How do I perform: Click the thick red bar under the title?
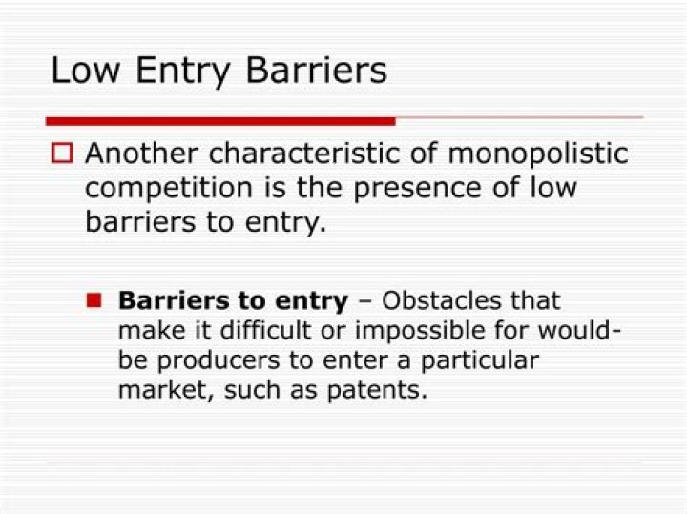pos(220,121)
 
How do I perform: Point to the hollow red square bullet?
pos(62,153)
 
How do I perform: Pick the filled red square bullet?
pos(94,301)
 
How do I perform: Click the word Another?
pos(142,154)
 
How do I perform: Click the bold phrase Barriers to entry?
pos(233,301)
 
